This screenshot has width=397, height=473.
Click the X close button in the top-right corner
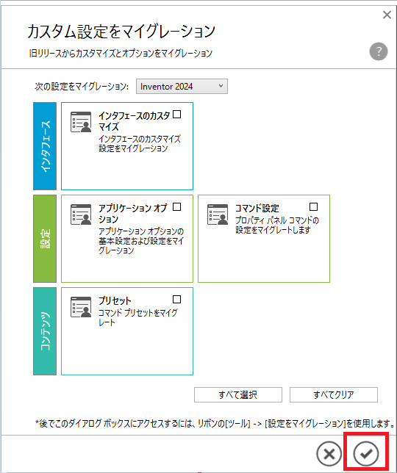click(x=387, y=15)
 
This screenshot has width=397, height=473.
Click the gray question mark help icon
click(x=379, y=51)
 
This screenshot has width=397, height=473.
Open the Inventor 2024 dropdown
click(x=182, y=87)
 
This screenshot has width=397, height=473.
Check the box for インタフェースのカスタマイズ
click(x=177, y=115)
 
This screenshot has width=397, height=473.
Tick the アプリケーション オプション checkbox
click(x=177, y=207)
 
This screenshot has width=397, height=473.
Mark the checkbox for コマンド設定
click(x=314, y=207)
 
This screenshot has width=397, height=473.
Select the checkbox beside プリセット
click(x=177, y=299)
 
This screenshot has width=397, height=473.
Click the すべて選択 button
click(x=238, y=394)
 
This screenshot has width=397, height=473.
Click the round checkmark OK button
click(x=366, y=453)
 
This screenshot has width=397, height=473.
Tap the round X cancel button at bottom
click(x=329, y=453)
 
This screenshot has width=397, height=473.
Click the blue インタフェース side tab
click(x=45, y=146)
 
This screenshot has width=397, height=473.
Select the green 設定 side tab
click(x=45, y=239)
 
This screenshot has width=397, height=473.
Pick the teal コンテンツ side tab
click(x=45, y=331)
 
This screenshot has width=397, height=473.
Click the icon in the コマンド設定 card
click(x=218, y=214)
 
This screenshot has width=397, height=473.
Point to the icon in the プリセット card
click(x=81, y=307)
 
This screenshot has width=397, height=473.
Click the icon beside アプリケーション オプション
click(x=81, y=214)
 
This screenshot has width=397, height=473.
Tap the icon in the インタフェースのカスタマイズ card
click(x=81, y=122)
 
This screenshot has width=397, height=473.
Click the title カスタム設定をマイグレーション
click(x=121, y=32)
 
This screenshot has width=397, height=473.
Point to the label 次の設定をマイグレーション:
click(x=82, y=87)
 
